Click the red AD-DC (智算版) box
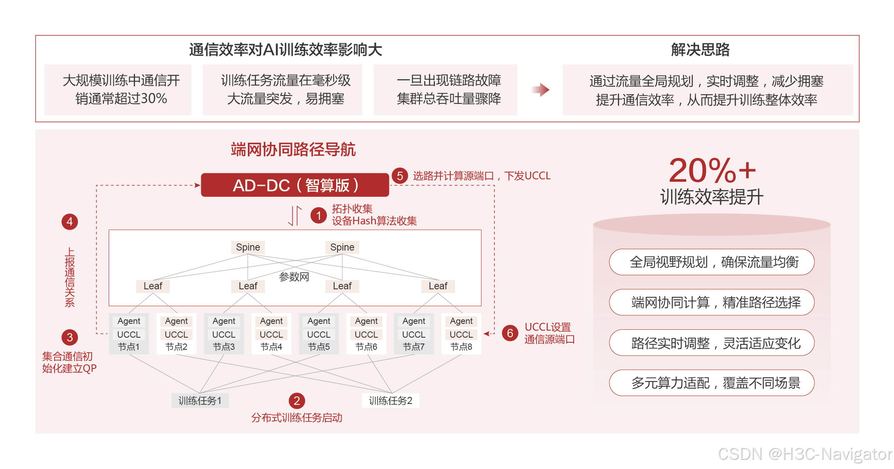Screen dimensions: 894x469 point(295,185)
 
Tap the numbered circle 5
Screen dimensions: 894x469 point(400,176)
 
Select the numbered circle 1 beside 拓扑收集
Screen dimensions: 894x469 point(319,215)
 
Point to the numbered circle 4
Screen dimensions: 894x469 point(70,221)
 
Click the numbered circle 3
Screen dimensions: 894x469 point(70,337)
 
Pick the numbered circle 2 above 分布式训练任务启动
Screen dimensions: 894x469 point(297,401)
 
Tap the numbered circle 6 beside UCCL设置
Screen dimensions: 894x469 point(510,333)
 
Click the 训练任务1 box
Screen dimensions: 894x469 point(200,401)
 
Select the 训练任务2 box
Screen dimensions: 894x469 point(390,401)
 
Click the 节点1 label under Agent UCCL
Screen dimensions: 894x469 point(129,347)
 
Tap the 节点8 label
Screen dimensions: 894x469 point(461,347)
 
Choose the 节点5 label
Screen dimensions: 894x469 point(319,347)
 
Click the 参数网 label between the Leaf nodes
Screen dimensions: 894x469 point(294,276)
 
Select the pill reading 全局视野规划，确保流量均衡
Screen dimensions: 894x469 point(712,262)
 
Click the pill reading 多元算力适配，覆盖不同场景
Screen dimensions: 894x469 point(712,383)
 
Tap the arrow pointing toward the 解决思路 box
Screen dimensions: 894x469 point(540,90)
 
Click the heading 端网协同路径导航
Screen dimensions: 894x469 point(293,149)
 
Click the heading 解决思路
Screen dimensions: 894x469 point(700,50)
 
